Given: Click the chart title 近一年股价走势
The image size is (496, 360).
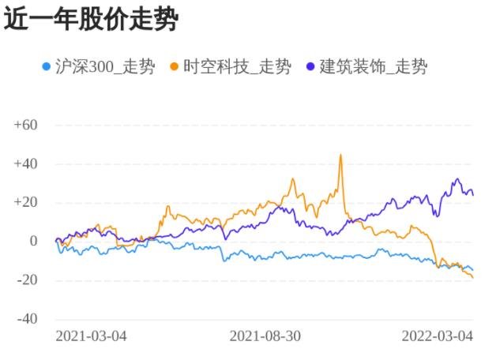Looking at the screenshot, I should click(x=91, y=20).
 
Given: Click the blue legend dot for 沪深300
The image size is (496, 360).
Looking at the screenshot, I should click(x=47, y=66).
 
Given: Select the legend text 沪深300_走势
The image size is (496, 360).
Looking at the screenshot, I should click(x=104, y=66).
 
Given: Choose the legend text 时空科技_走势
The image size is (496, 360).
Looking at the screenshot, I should click(x=236, y=66).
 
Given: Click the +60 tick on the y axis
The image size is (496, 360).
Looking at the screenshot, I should click(x=26, y=125).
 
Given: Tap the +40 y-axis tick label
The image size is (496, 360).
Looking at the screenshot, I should click(x=26, y=163).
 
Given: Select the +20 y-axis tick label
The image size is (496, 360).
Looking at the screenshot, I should click(x=26, y=202).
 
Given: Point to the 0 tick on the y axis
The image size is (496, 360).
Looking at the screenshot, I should click(x=34, y=242).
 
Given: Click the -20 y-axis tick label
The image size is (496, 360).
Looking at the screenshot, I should click(x=27, y=280).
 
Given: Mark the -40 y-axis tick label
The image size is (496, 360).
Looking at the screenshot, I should click(x=27, y=319).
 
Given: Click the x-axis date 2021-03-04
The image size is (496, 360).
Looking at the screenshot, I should click(x=91, y=336).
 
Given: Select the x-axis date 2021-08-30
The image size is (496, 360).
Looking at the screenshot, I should click(x=265, y=336).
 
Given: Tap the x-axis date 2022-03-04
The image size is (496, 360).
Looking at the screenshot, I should click(x=437, y=336).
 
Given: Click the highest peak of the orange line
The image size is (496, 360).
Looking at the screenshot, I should click(x=340, y=155).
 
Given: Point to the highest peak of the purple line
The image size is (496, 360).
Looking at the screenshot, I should click(x=457, y=179).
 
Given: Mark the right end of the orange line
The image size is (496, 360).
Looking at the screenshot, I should click(x=472, y=277).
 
